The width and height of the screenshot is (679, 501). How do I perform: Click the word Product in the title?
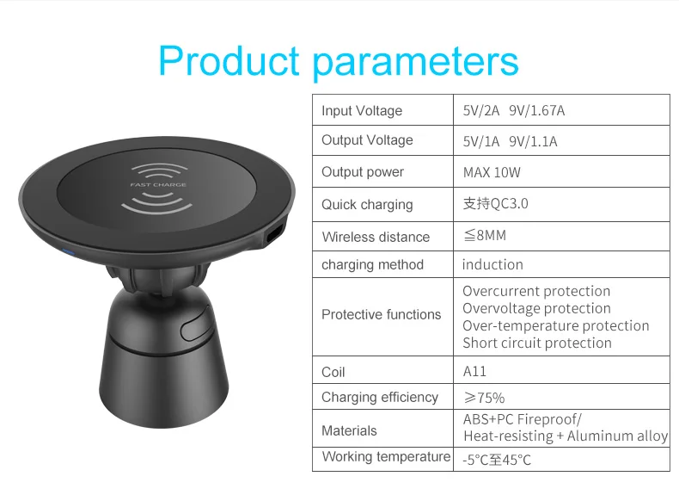click(x=229, y=61)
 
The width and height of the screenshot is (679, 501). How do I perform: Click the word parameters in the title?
click(x=415, y=64)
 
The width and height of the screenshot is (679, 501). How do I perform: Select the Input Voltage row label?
click(x=362, y=111)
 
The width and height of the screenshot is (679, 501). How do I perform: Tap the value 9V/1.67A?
click(x=537, y=110)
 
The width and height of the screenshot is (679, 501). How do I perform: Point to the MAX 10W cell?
click(x=492, y=173)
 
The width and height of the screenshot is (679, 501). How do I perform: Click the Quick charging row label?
click(x=367, y=205)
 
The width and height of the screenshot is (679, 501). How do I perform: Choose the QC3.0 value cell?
click(x=495, y=203)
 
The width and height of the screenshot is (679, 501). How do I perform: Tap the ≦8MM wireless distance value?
click(x=485, y=236)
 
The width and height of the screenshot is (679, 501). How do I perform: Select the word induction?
click(x=492, y=264)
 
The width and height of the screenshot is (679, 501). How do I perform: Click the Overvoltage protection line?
click(x=536, y=308)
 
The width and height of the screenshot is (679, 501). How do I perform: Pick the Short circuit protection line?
click(x=537, y=343)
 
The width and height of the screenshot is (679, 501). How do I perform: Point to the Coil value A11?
click(x=474, y=371)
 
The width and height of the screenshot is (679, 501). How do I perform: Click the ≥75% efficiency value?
click(x=484, y=398)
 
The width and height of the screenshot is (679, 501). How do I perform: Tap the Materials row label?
click(x=349, y=430)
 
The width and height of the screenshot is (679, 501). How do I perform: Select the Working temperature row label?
click(x=386, y=457)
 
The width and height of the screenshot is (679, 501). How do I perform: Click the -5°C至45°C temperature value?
click(x=497, y=460)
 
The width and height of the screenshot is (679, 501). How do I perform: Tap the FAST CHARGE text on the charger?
click(x=158, y=185)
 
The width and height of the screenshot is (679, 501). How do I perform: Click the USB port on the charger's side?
click(x=274, y=234)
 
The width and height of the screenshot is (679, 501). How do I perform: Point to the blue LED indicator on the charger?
click(x=69, y=251)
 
